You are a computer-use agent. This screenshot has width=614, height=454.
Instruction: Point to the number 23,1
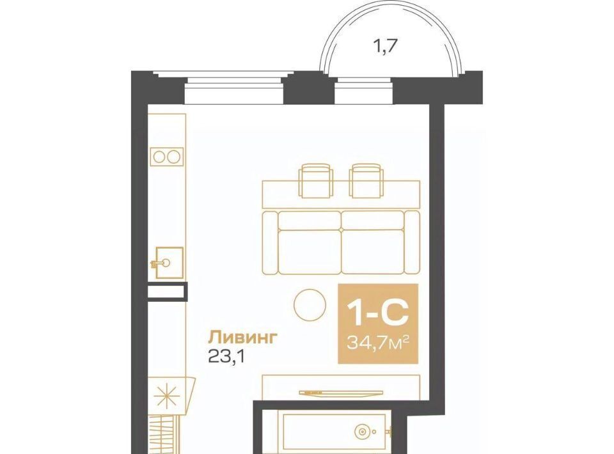tap(226, 357)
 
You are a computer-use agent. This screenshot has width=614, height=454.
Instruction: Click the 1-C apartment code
tap(378, 314)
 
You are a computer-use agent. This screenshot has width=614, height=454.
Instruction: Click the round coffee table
tap(310, 305)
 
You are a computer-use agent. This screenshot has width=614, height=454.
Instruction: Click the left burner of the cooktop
tap(159, 157)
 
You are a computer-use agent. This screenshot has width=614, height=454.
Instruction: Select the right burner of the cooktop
tap(173, 157)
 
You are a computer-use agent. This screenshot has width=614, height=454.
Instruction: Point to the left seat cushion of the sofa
tap(310, 252)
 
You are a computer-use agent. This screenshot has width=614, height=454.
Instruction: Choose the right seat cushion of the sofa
tap(373, 252)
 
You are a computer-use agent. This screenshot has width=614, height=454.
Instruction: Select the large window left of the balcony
tap(234, 91)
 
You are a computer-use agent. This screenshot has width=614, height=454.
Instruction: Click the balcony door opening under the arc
tap(364, 91)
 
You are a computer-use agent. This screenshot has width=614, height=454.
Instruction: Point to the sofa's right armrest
tap(412, 242)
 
